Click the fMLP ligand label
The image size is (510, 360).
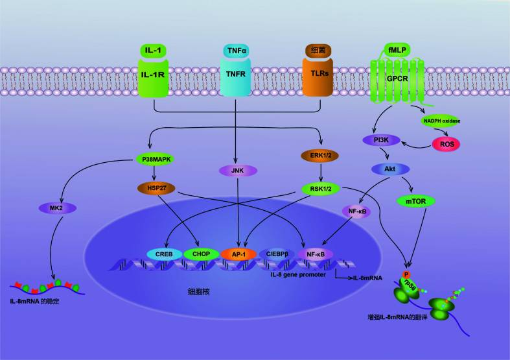[x=396, y=49]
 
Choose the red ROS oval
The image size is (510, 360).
[x=445, y=143]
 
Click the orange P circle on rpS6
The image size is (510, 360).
[x=406, y=274]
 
